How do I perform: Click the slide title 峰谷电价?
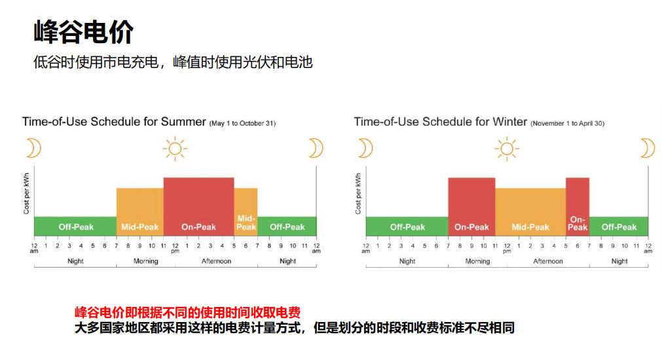[84, 31]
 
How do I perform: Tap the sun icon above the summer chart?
[175, 149]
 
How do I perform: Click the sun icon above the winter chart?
[507, 149]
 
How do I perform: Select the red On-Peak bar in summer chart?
[199, 207]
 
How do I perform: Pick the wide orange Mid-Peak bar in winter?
[530, 212]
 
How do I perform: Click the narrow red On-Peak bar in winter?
[578, 207]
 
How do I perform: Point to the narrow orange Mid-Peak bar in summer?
[246, 212]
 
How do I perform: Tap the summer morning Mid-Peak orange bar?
[140, 212]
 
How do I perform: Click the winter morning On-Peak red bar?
[471, 207]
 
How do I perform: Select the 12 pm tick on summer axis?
[175, 247]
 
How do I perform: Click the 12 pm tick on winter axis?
[507, 247]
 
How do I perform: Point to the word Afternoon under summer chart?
[216, 261]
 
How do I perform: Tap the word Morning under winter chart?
[477, 261]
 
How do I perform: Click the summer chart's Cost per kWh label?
[27, 193]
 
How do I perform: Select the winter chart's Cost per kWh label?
[358, 193]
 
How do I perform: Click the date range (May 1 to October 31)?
[243, 123]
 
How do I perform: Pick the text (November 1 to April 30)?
[568, 123]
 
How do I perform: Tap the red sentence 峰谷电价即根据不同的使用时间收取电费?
[187, 312]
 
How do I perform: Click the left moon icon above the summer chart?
[33, 148]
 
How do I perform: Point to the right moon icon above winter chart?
[648, 148]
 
